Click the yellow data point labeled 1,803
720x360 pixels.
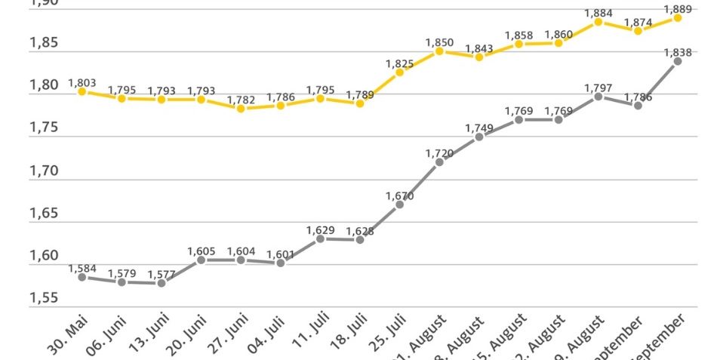click(82, 91)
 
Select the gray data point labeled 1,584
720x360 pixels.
click(82, 277)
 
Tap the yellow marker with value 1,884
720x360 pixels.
click(598, 22)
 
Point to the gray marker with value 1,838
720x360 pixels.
click(678, 61)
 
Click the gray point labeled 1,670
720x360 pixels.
click(399, 205)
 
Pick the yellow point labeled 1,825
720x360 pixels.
click(399, 72)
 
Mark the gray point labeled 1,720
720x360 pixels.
click(439, 162)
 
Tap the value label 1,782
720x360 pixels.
click(241, 99)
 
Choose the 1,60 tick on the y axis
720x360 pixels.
click(44, 257)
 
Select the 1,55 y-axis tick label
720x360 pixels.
click(44, 299)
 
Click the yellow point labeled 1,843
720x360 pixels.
click(479, 57)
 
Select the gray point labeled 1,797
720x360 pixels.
click(598, 97)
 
